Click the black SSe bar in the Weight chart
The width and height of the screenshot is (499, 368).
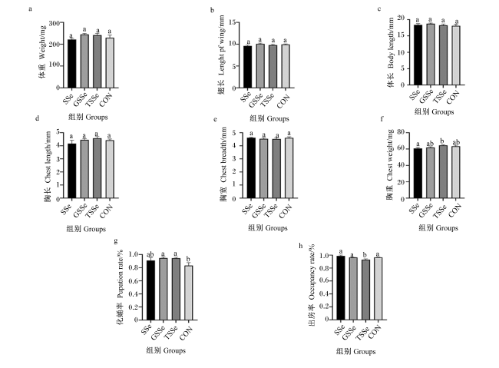point(71,64)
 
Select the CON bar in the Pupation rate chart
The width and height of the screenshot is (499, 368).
point(188,293)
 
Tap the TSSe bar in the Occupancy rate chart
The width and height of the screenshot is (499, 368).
point(365,290)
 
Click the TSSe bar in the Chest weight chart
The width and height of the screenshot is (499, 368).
point(443,172)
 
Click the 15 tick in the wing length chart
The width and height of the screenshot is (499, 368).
point(232,22)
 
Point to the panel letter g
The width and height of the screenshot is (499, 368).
point(116,241)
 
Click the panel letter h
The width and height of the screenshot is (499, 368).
point(301,245)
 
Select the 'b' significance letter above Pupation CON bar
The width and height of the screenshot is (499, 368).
point(188,259)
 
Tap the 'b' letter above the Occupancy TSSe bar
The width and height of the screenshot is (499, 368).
point(365,255)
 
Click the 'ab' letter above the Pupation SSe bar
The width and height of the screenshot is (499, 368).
point(150,254)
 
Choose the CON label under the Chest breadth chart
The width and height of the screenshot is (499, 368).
point(285,211)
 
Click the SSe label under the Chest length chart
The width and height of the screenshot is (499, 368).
point(66,209)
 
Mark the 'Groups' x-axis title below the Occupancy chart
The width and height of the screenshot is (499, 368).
point(365,351)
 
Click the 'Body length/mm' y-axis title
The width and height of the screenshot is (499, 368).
point(391,43)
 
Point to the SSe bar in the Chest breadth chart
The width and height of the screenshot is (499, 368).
point(251,168)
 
